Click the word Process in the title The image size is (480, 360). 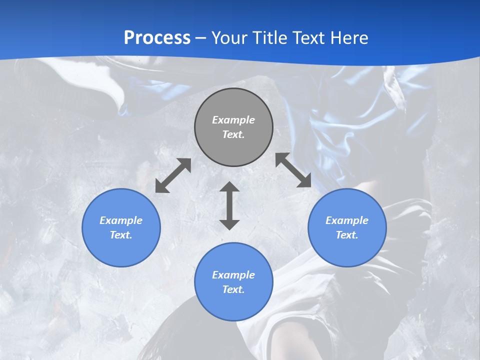click(x=157, y=38)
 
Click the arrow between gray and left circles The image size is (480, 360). click(x=173, y=175)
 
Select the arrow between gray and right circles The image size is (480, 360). click(x=293, y=170)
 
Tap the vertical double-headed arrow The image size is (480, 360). click(x=229, y=205)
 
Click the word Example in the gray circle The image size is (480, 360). click(x=233, y=120)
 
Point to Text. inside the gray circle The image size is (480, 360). click(x=233, y=134)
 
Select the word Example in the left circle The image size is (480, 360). click(x=121, y=220)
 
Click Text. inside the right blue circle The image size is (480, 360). click(x=347, y=235)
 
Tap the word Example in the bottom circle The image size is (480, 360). click(x=233, y=275)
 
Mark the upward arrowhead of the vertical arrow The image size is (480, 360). click(x=229, y=187)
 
